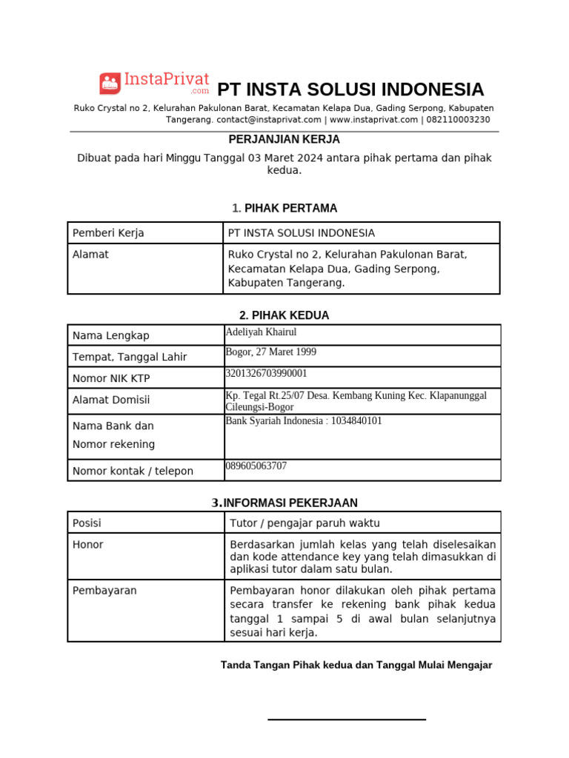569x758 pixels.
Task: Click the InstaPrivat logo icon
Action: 110,84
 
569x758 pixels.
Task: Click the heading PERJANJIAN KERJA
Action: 284,139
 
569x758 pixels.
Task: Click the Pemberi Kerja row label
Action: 108,233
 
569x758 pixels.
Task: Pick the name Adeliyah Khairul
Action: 260,332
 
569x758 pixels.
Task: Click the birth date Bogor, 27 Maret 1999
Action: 270,352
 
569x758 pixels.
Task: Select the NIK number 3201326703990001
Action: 265,374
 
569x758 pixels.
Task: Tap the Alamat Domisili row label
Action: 111,400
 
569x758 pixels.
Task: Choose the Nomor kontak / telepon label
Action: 133,471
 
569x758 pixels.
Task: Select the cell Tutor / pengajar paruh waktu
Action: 305,523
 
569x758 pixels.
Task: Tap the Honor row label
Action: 87,544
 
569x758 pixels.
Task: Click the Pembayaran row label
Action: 104,590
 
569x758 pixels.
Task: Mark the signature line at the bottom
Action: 347,719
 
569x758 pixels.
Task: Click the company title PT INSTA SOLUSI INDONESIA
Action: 350,90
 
